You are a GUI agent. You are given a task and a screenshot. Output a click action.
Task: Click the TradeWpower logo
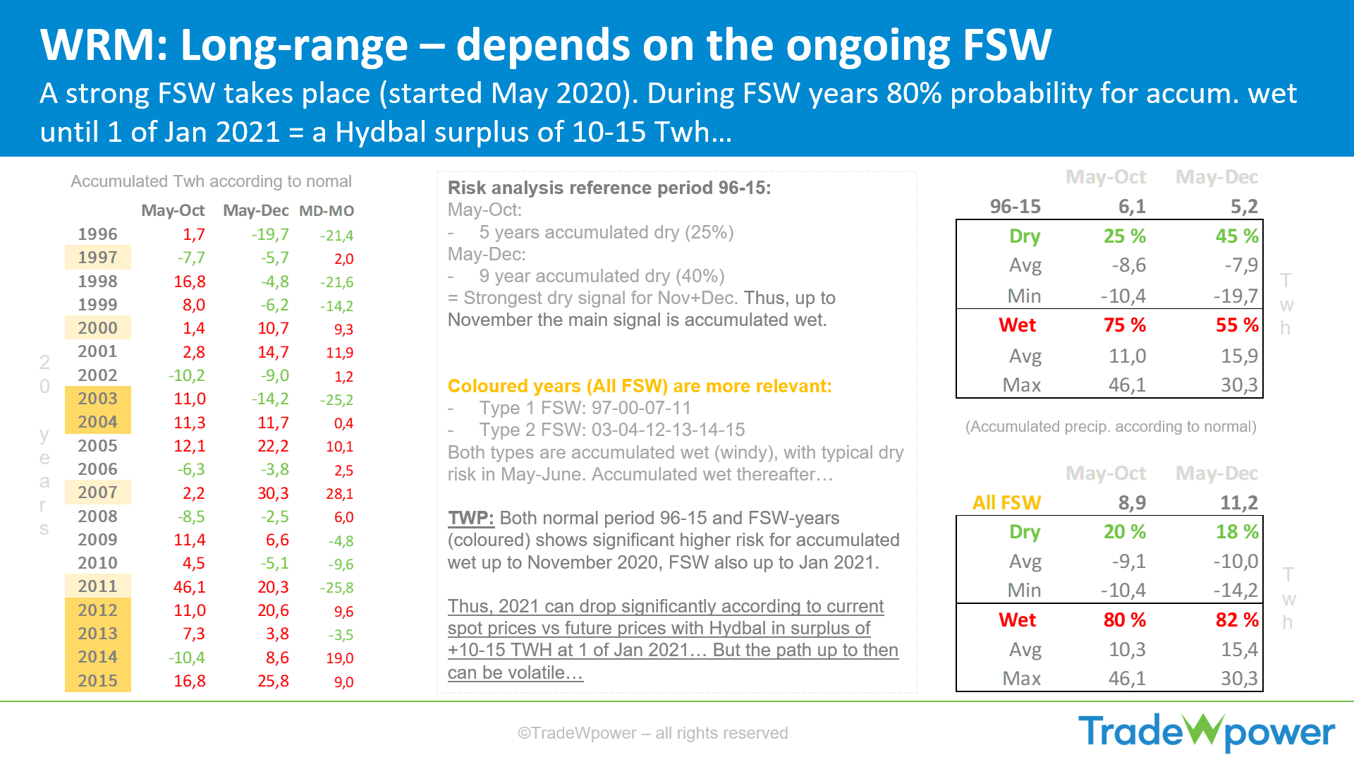(1207, 732)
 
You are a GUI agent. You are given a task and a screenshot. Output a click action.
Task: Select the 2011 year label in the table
(97, 586)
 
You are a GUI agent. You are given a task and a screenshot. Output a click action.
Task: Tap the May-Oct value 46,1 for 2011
(190, 587)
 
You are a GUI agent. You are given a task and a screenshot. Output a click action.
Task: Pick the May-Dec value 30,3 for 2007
(273, 493)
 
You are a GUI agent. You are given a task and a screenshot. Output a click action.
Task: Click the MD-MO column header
(327, 211)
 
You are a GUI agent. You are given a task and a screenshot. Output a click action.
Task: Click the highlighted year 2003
(97, 399)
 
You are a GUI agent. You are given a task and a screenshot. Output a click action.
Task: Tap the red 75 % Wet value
(1125, 325)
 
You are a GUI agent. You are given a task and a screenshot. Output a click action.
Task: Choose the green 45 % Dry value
(1237, 236)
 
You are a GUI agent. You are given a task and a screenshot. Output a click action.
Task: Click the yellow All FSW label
(1006, 503)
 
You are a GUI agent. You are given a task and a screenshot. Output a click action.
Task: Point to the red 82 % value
(1237, 620)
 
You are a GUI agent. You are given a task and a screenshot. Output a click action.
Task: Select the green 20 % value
(1125, 532)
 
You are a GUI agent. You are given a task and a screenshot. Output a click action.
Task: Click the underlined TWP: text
(471, 518)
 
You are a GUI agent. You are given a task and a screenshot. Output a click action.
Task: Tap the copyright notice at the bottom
(652, 733)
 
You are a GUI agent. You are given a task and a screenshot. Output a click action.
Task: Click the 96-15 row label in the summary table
(1015, 207)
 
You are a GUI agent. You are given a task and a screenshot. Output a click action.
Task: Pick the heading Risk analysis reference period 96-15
(609, 188)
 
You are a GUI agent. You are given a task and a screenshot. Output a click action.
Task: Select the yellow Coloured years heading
(640, 386)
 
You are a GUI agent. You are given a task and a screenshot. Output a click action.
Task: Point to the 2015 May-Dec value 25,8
(273, 681)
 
